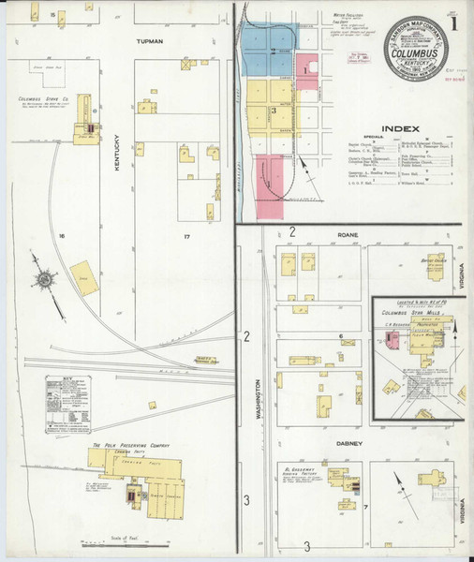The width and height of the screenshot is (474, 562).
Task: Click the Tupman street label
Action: click(150, 42)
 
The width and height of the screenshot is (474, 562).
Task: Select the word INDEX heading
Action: click(399, 130)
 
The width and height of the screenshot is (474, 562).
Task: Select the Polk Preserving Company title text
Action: click(129, 445)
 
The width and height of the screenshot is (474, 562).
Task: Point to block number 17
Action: click(186, 236)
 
